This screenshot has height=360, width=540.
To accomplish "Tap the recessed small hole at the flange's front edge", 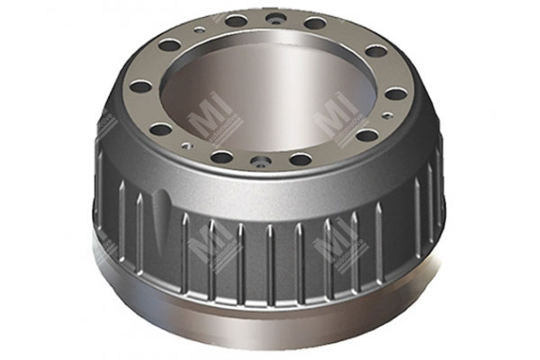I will click(x=261, y=163).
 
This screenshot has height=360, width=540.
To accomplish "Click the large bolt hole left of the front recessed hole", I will click(x=222, y=157).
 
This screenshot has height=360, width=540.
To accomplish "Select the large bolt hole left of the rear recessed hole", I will click(x=237, y=21).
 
